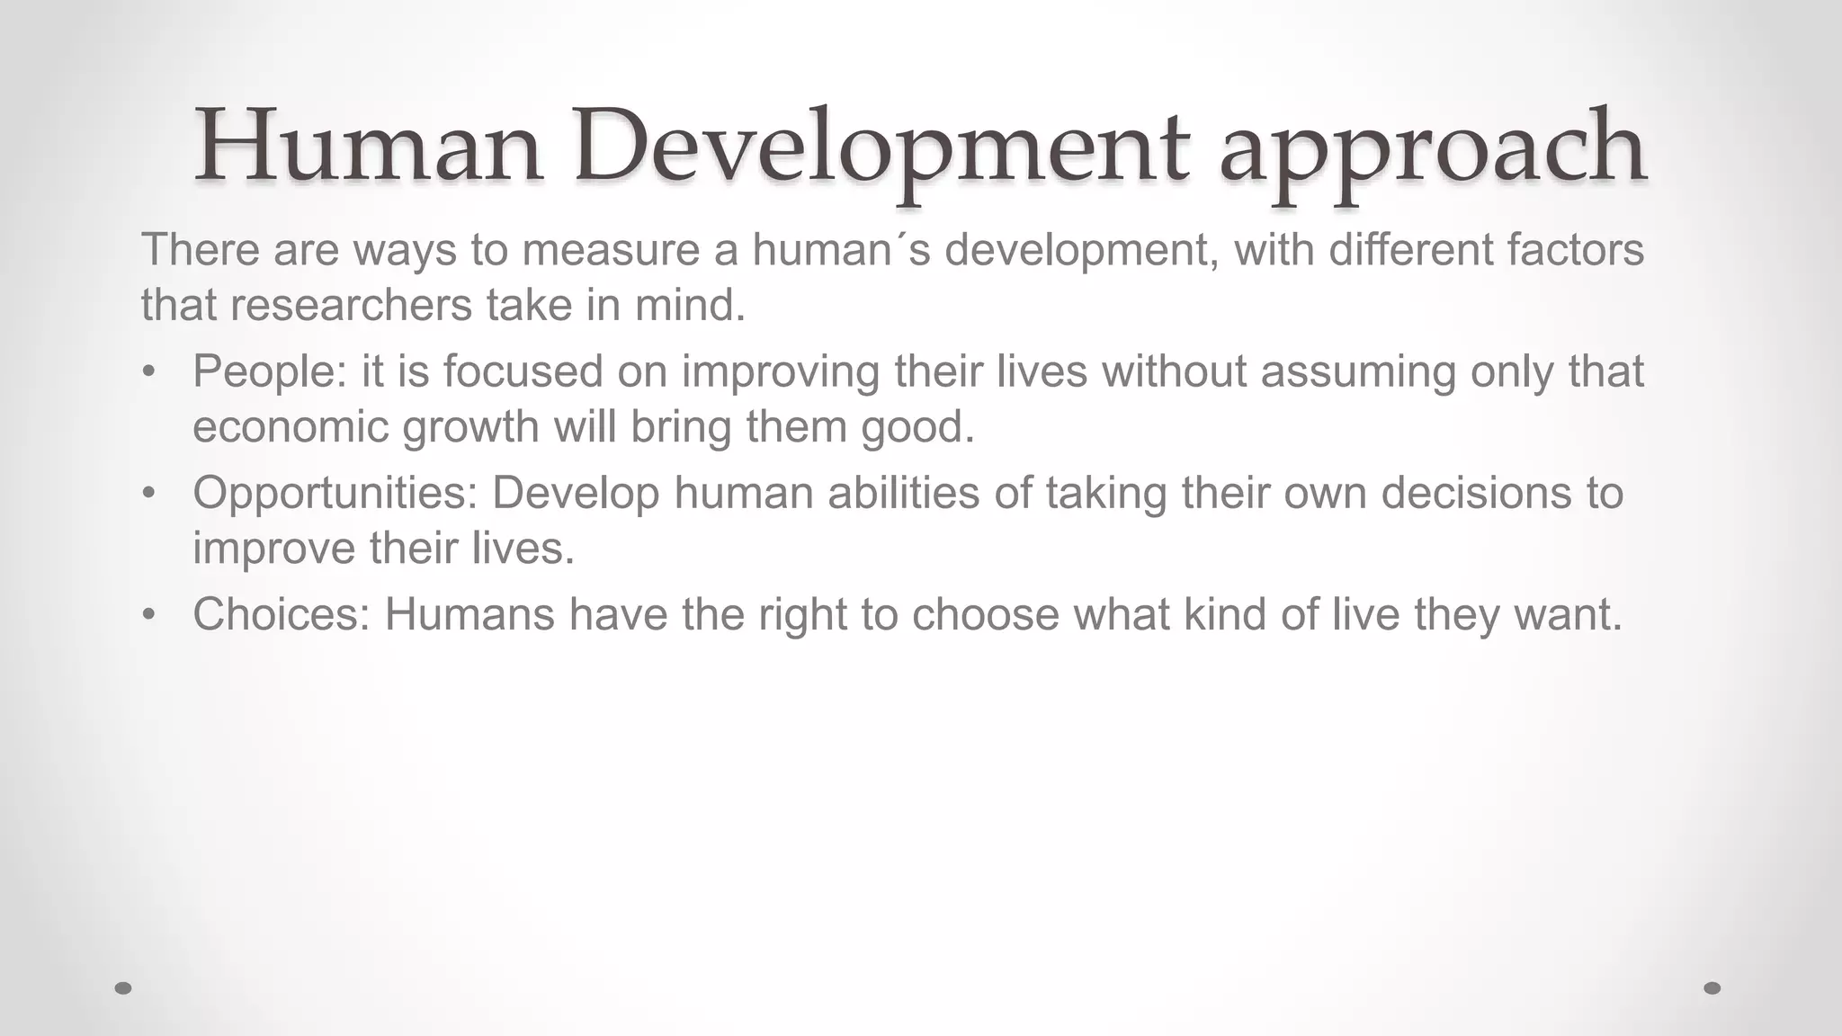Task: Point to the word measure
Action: (611, 250)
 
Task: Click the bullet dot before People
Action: (149, 371)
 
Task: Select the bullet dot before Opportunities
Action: (149, 493)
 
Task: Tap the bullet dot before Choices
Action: (149, 614)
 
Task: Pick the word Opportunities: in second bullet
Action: (335, 493)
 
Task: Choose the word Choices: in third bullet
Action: (282, 614)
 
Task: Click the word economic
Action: (291, 427)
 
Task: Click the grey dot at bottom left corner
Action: (124, 987)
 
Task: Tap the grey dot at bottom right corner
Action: (1712, 987)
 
